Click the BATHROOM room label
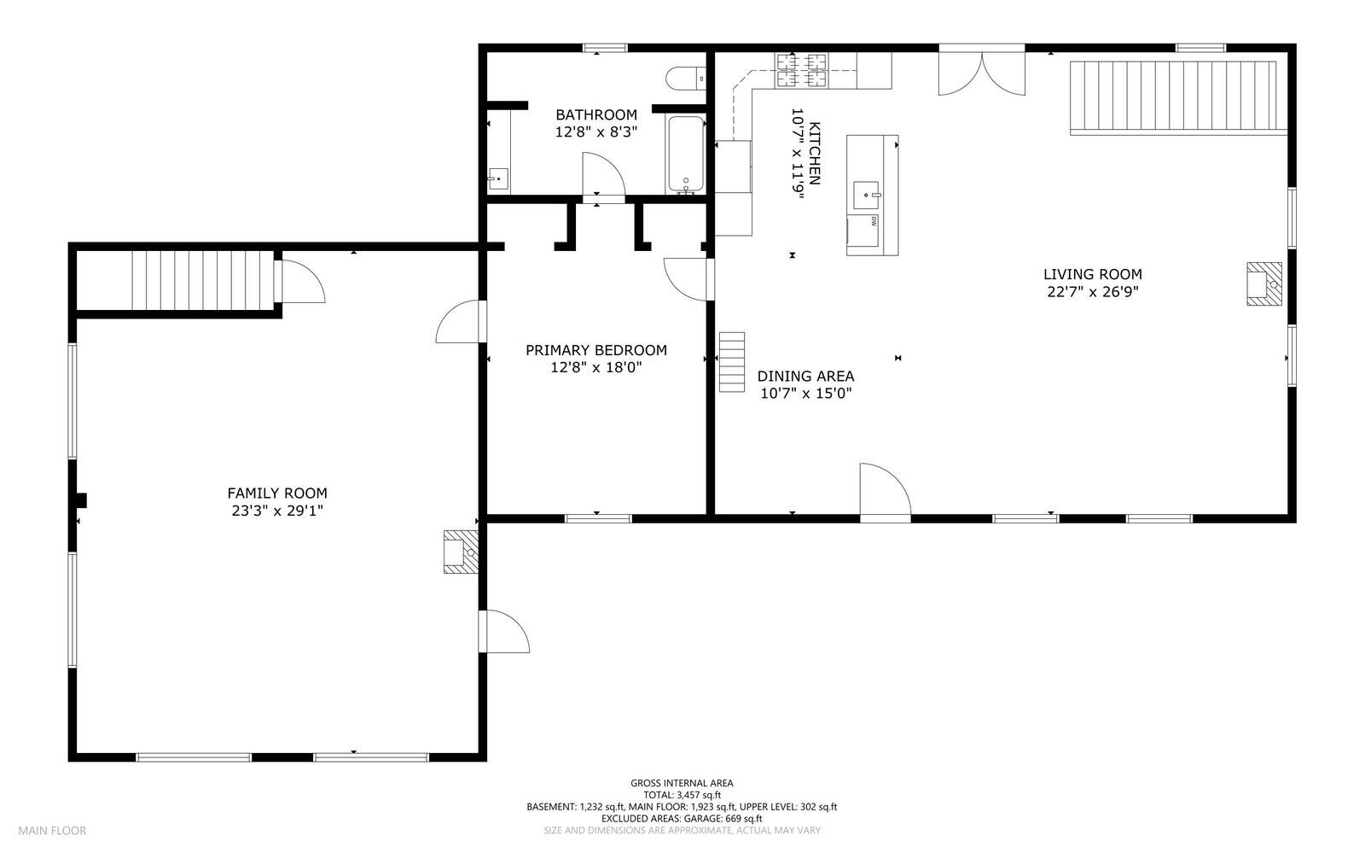click(x=595, y=114)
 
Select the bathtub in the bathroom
click(x=685, y=155)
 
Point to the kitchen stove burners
click(x=801, y=70)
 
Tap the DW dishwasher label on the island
click(x=874, y=221)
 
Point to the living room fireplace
click(x=1263, y=283)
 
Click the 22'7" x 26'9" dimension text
click(x=1093, y=292)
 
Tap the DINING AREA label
click(x=805, y=377)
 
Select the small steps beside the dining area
click(x=731, y=362)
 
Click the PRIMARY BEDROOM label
click(x=595, y=350)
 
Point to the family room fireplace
click(x=459, y=552)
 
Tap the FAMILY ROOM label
click(x=277, y=494)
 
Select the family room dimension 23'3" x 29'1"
click(x=277, y=511)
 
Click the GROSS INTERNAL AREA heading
click(x=682, y=783)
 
